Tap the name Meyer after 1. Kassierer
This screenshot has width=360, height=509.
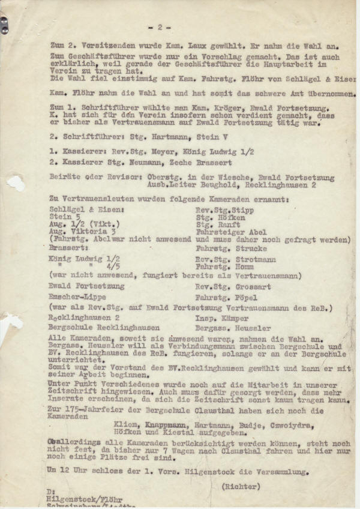tap(139, 151)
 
